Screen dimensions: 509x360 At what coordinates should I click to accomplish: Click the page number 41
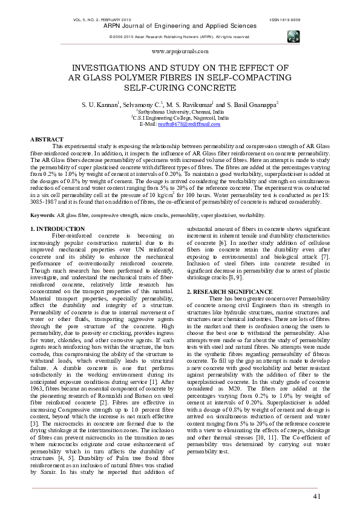point(317,496)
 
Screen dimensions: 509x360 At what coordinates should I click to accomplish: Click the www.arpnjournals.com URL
point(180,53)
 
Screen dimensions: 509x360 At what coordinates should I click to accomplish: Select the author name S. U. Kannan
point(100,105)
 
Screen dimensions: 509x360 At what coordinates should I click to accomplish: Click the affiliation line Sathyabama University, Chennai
point(180,112)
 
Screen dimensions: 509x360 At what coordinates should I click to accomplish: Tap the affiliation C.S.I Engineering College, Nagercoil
point(180,118)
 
